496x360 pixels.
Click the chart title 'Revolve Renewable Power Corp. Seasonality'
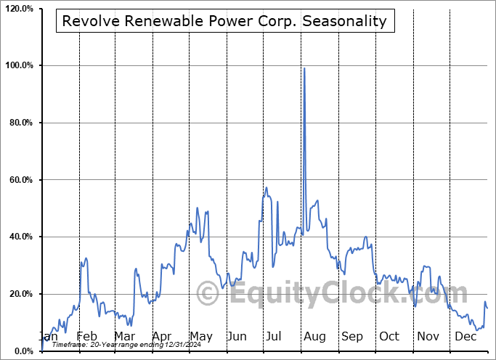pyautogui.click(x=224, y=21)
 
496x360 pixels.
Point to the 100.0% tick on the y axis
pyautogui.click(x=20, y=66)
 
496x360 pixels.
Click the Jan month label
pyautogui.click(x=48, y=336)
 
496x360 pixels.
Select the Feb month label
pyautogui.click(x=86, y=336)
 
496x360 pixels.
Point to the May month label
pyautogui.click(x=200, y=336)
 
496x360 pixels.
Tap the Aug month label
pyautogui.click(x=314, y=336)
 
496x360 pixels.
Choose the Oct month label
pyautogui.click(x=389, y=336)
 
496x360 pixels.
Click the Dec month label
pyautogui.click(x=465, y=336)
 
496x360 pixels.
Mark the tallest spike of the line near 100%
pyautogui.click(x=304, y=68)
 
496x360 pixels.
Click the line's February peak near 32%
pyautogui.click(x=86, y=258)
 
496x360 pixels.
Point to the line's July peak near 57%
pyautogui.click(x=267, y=187)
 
